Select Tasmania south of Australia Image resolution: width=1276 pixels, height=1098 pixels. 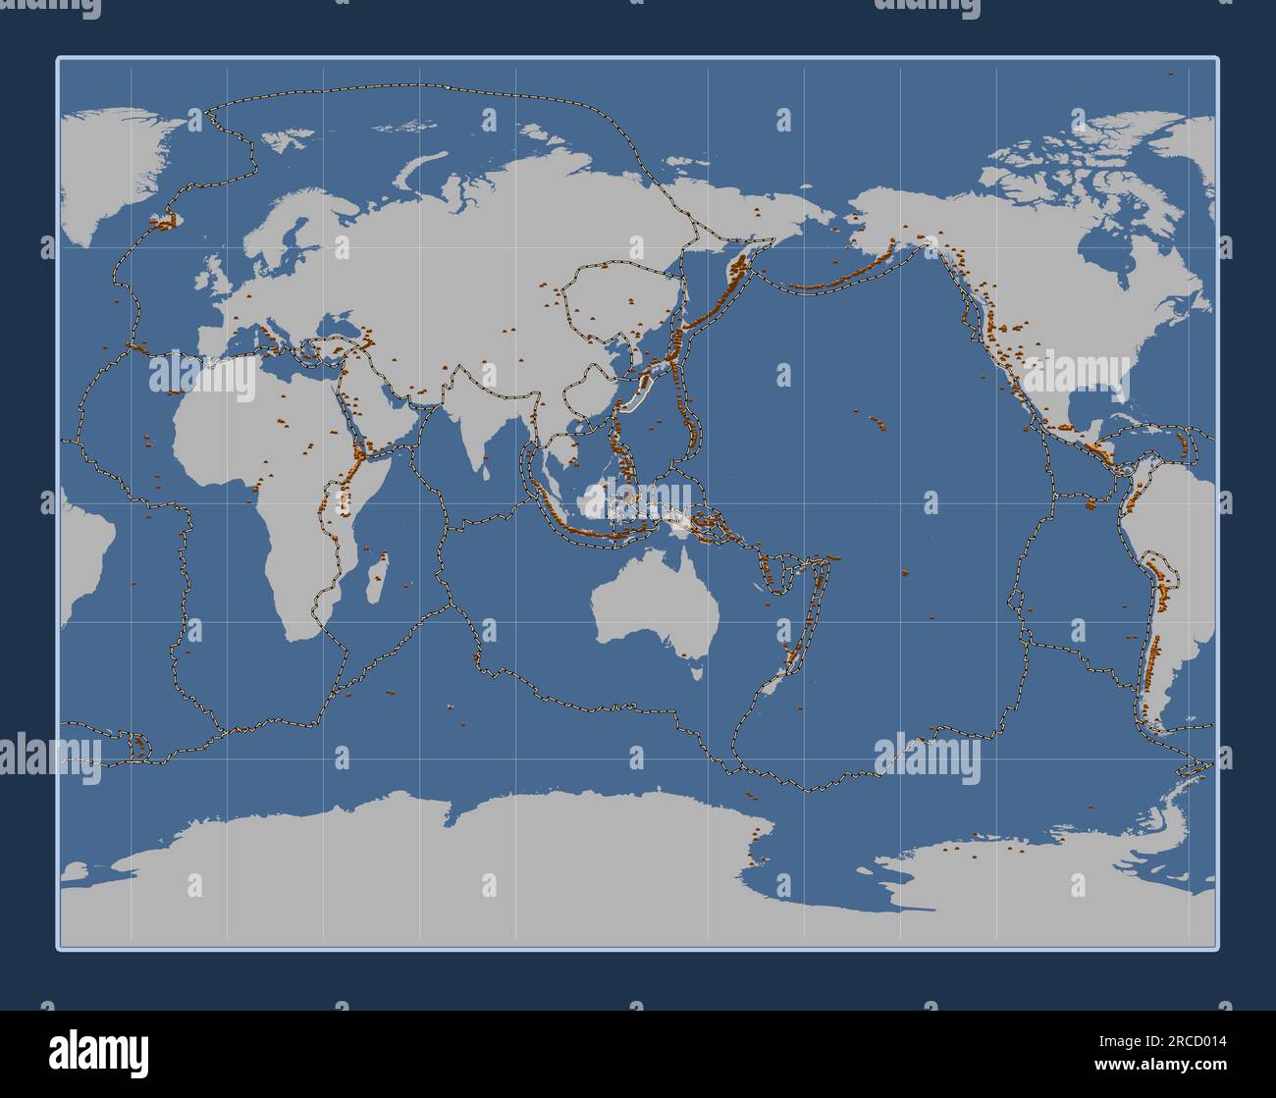698,672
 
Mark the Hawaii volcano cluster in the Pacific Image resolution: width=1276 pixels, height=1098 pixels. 876,423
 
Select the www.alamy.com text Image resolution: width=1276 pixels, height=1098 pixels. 1164,1064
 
